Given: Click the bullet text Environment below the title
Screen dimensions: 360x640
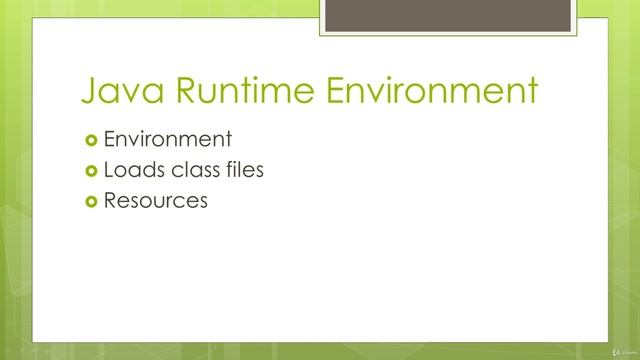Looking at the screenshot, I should click(168, 139).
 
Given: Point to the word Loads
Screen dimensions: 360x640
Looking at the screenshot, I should click(128, 170).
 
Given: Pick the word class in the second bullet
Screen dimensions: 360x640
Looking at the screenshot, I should click(187, 170).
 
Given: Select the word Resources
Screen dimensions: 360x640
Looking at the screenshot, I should click(155, 200).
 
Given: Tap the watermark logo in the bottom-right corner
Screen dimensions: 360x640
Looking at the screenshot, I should click(622, 350).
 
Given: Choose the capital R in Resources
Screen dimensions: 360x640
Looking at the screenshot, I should click(110, 200).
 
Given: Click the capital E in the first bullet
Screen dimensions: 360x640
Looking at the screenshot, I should click(109, 139).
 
